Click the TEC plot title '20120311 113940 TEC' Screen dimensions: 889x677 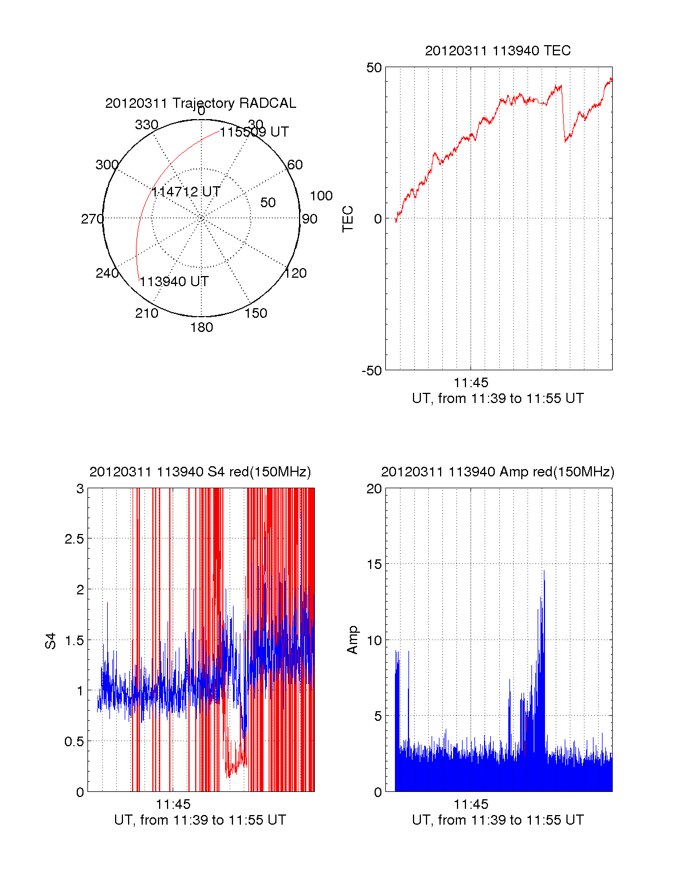click(x=498, y=51)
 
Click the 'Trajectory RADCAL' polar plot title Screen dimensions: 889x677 click(x=201, y=103)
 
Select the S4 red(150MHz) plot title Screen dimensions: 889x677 click(x=200, y=472)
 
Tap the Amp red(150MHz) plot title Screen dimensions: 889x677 click(x=498, y=472)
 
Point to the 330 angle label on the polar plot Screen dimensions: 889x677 click(x=147, y=125)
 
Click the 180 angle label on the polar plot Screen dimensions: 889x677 click(x=201, y=327)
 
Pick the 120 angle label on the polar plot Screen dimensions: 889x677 click(x=296, y=273)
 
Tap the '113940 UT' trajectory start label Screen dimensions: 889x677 click(x=174, y=282)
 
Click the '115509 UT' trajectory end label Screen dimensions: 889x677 click(x=254, y=132)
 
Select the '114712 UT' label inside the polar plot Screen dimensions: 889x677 click(x=186, y=192)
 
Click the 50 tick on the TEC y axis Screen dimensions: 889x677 click(x=374, y=68)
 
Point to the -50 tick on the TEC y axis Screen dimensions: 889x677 click(x=372, y=371)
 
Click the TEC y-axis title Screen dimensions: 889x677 click(x=348, y=218)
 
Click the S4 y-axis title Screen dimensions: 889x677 click(x=51, y=641)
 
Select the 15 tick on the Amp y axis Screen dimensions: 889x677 click(x=374, y=564)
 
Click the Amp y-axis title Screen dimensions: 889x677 click(x=353, y=640)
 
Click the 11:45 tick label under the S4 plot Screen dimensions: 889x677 click(x=173, y=804)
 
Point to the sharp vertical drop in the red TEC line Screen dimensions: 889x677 click(x=564, y=113)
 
